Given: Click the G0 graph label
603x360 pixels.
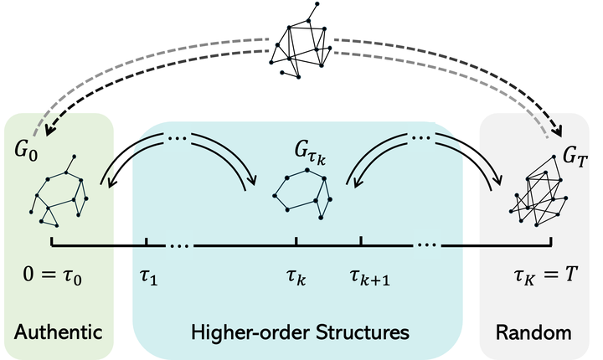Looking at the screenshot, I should tap(27, 153).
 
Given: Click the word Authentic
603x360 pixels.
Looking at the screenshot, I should tap(58, 332).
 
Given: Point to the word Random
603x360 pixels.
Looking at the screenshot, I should tap(533, 332).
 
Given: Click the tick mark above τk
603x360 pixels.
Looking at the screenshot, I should tap(296, 242).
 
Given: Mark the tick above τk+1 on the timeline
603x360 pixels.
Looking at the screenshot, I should tap(360, 242).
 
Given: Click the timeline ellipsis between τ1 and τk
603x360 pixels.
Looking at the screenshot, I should tap(180, 245).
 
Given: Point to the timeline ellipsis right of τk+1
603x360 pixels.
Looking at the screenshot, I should tap(425, 245).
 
